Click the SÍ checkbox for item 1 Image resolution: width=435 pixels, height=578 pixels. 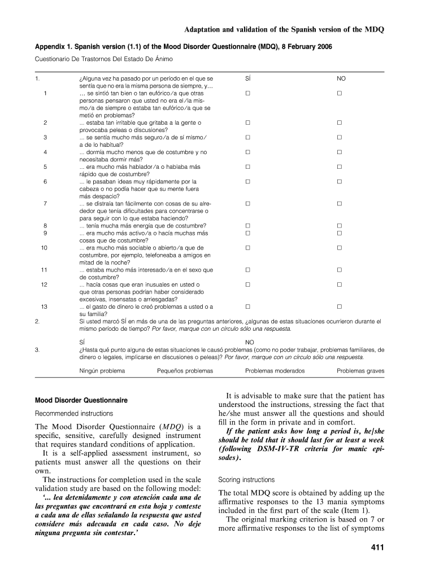click(x=247, y=93)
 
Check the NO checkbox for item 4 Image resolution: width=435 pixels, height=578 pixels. click(x=340, y=152)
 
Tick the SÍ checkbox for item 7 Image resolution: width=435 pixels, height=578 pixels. click(x=247, y=203)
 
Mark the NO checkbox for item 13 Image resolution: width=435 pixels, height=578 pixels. click(x=340, y=306)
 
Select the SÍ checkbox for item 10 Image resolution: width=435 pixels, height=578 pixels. click(x=247, y=248)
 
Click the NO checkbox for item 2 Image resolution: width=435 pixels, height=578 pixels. click(x=340, y=122)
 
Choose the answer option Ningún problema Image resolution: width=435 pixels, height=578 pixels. click(x=102, y=371)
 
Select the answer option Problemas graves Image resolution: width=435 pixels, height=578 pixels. click(x=360, y=371)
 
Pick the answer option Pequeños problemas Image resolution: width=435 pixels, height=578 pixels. click(x=185, y=371)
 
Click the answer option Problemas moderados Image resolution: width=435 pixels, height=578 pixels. click(x=275, y=371)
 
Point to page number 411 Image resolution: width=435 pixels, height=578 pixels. click(x=376, y=548)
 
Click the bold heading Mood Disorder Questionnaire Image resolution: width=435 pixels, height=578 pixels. click(x=81, y=400)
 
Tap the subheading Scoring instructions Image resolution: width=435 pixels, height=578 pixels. click(x=246, y=480)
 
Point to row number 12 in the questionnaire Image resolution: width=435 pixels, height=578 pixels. click(x=44, y=284)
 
